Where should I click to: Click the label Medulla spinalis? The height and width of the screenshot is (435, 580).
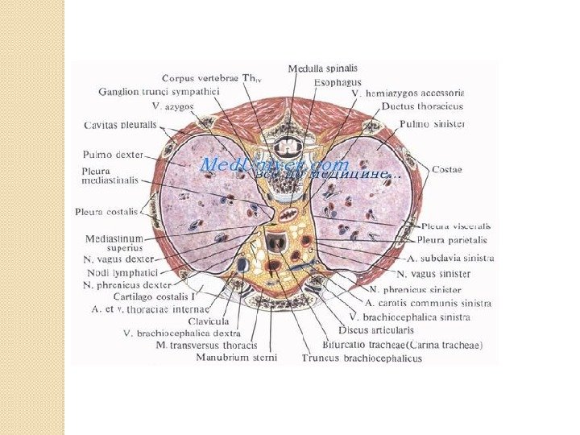coord(323,68)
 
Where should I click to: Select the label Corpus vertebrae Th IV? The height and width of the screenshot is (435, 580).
coord(213,79)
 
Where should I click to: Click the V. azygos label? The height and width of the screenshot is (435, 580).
coord(172,106)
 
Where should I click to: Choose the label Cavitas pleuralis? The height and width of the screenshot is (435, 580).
coord(121,125)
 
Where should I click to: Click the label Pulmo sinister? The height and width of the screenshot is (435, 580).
coord(432,125)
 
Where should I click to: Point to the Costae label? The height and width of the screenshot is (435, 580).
coord(446,169)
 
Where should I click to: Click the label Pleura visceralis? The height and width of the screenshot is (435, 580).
coord(455,226)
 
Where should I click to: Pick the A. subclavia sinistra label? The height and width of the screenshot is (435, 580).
coord(451,259)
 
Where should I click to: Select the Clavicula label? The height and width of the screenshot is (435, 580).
coord(209,321)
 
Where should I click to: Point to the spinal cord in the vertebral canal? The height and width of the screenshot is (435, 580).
coord(287,148)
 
